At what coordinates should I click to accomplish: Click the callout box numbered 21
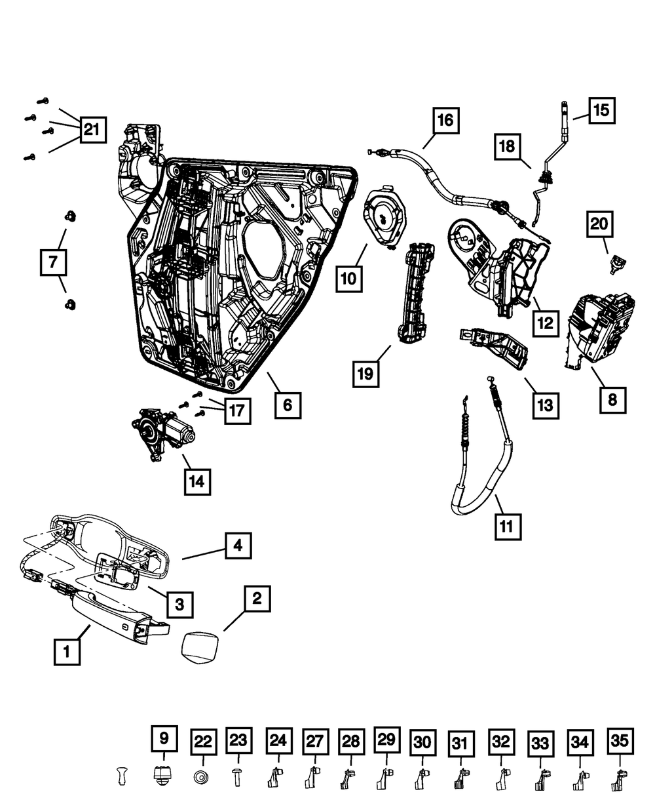[92, 130]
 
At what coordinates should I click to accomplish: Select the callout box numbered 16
[445, 121]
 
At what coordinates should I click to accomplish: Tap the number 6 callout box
[288, 405]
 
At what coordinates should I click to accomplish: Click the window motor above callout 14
[161, 433]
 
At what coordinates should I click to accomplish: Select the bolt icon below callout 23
[237, 777]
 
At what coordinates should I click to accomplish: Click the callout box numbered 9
[164, 740]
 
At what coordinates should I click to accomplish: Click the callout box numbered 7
[53, 264]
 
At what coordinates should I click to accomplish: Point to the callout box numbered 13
[544, 405]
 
